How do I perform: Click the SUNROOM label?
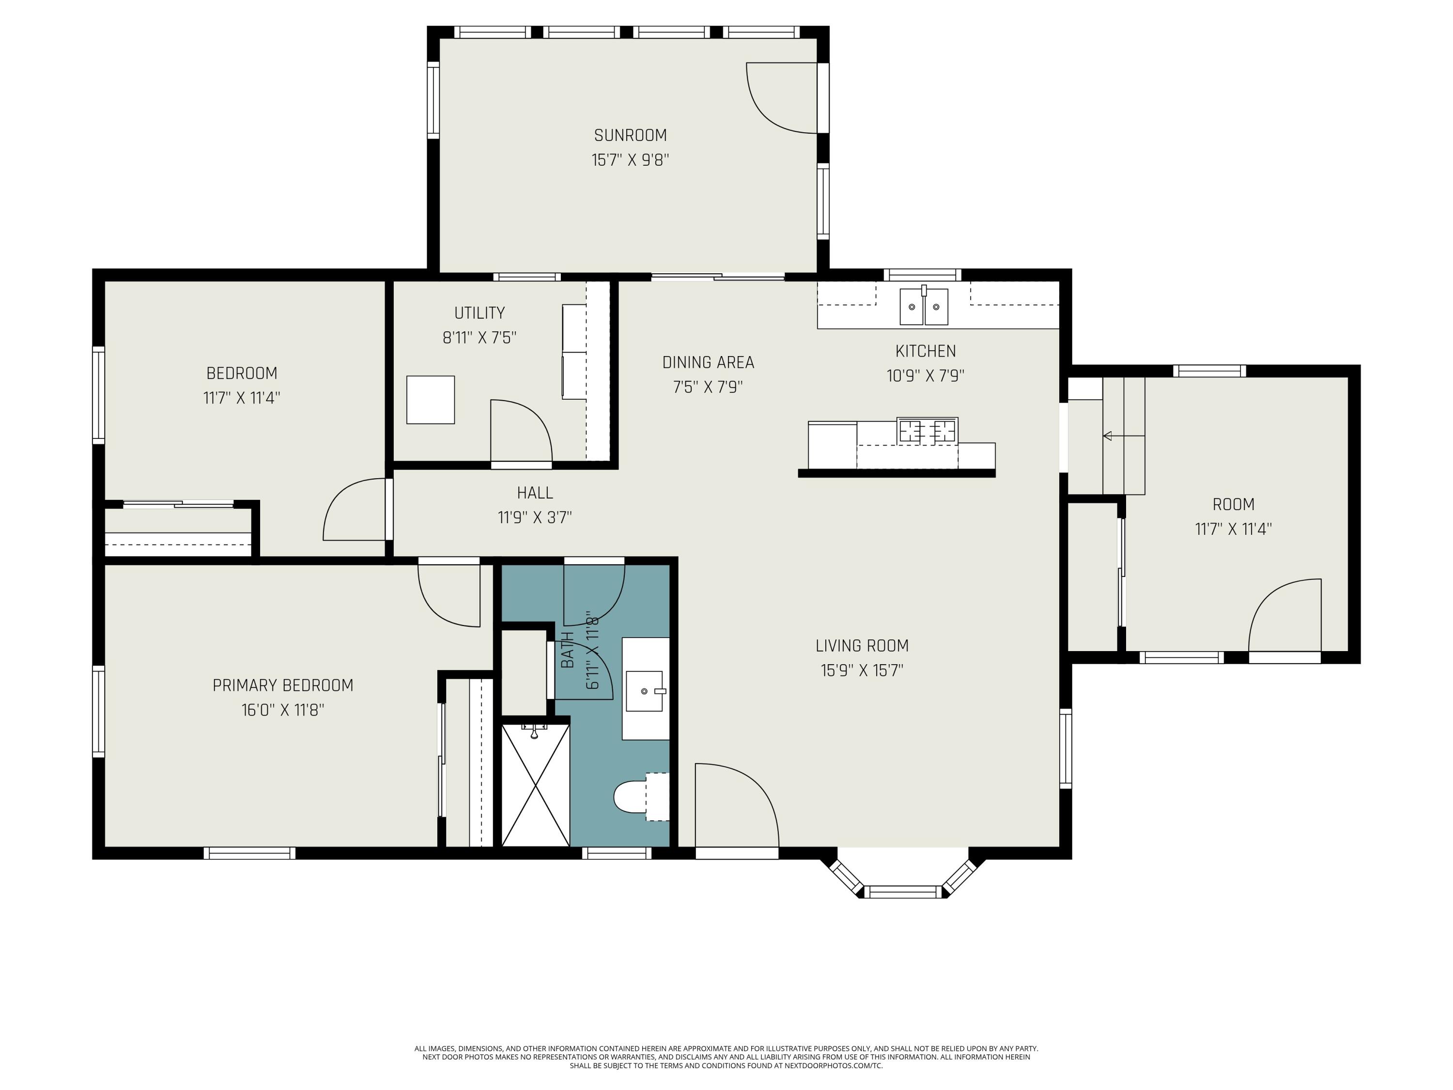point(630,135)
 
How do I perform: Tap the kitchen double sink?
point(924,306)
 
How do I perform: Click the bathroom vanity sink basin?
point(644,691)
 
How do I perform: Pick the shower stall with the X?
point(535,784)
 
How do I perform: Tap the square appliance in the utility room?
point(430,400)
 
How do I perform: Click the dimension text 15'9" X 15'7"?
point(862,670)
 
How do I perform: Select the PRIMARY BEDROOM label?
point(283,685)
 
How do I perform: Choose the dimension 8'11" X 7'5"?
point(479,338)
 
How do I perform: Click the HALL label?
point(535,493)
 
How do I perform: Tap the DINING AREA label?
point(708,362)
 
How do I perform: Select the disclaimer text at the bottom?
point(726,1057)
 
